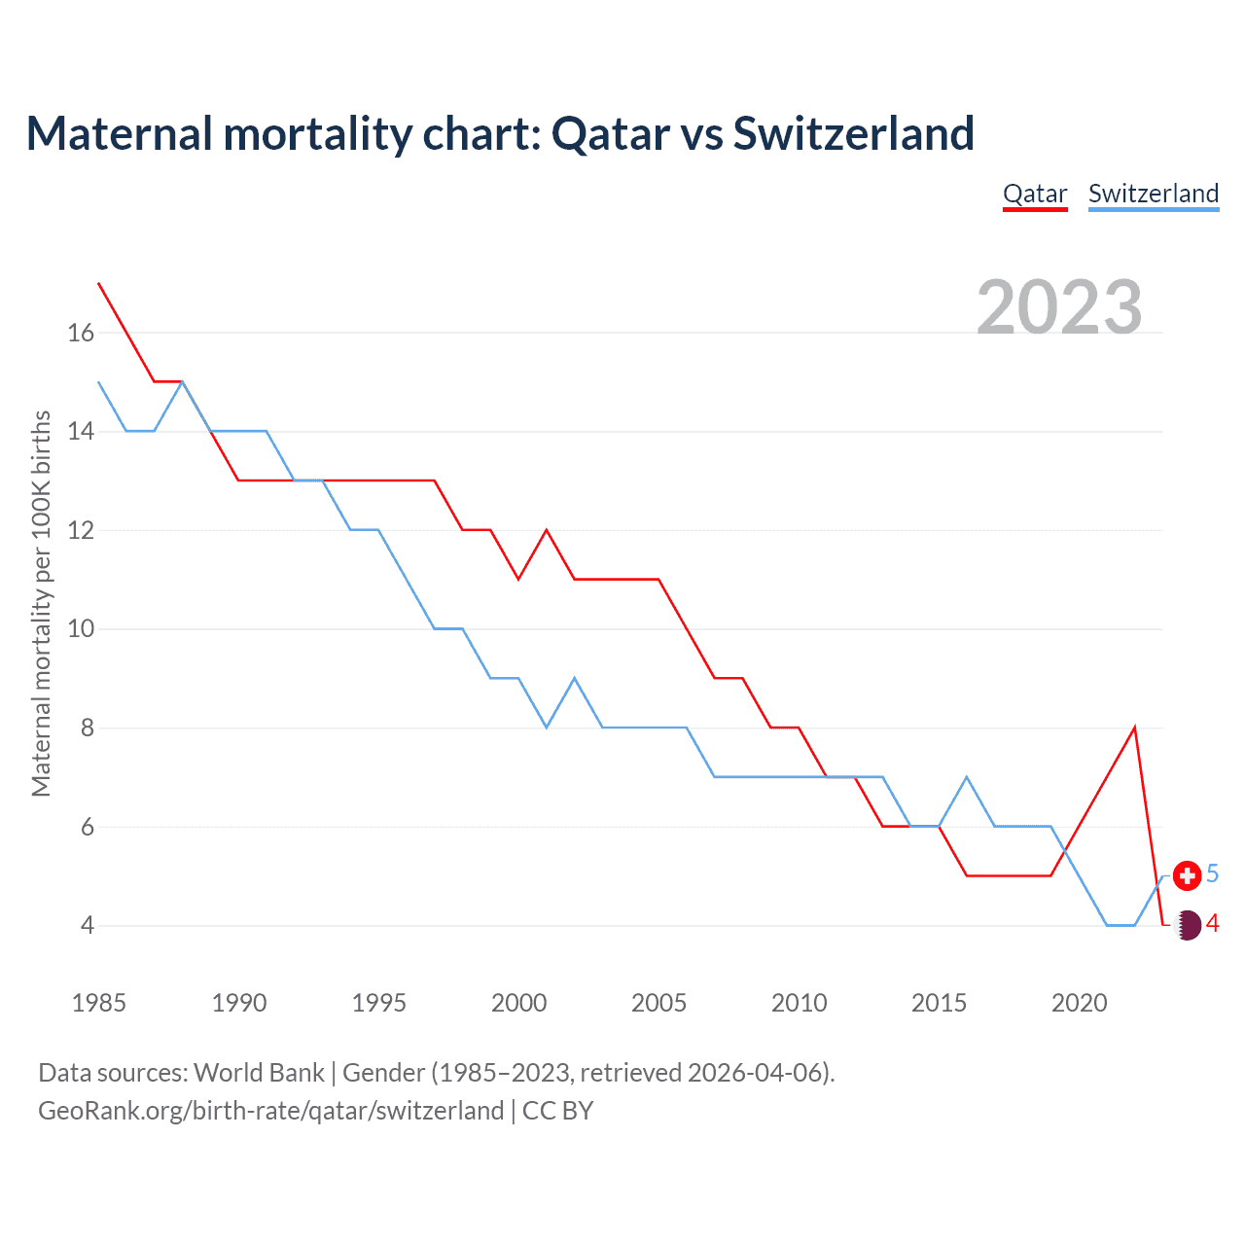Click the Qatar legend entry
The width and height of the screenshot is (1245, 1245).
point(1035,194)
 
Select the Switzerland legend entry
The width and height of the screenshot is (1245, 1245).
point(1153,194)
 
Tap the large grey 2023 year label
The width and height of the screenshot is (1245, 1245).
point(1059,307)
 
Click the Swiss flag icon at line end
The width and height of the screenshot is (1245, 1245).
point(1187,875)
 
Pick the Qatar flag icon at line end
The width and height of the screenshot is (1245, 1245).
point(1187,924)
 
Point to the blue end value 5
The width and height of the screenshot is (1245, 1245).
point(1213,874)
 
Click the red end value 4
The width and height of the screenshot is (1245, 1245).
point(1213,924)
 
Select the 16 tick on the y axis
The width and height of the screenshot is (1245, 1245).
point(81,333)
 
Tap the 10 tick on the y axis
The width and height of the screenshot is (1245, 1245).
point(81,629)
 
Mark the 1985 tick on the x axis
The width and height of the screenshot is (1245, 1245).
point(98,1003)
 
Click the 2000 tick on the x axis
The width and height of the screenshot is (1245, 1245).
point(518,1003)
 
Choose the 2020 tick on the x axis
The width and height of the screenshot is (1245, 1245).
point(1079,1003)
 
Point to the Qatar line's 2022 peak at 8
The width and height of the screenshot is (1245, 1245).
point(1134,728)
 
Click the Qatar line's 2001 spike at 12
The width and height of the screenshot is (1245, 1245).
point(547,530)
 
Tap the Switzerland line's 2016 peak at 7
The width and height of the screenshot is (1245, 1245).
point(967,776)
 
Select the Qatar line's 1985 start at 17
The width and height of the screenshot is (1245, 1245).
point(99,283)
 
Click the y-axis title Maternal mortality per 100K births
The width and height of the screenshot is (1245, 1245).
point(41,603)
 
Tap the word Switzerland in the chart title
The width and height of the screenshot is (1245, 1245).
point(853,133)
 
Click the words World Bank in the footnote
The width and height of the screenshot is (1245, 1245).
point(259,1073)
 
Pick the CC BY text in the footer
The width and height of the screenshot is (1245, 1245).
point(557,1111)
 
